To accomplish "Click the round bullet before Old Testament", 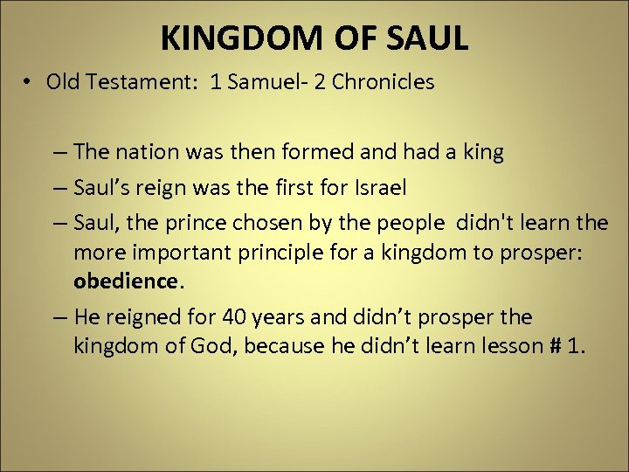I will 29,82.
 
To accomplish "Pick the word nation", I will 141,152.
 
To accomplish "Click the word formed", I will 316,152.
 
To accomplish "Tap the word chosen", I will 260,223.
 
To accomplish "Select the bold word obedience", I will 125,281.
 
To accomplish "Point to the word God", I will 216,346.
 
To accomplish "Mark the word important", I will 176,253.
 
